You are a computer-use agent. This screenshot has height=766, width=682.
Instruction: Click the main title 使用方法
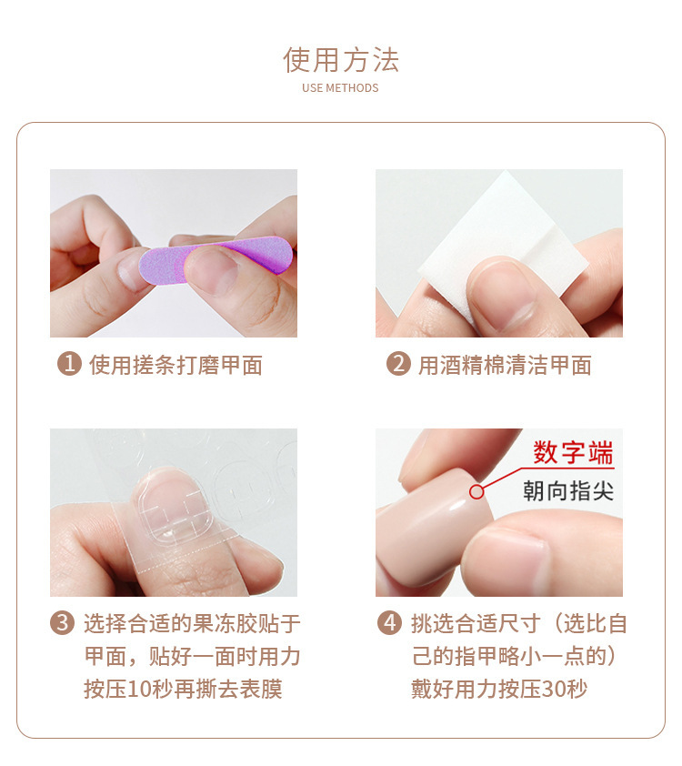pyautogui.click(x=341, y=60)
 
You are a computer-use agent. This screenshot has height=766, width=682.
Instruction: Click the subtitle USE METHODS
pyautogui.click(x=340, y=88)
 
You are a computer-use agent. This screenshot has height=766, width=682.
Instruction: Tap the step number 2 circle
pyautogui.click(x=397, y=365)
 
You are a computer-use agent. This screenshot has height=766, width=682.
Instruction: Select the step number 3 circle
pyautogui.click(x=62, y=623)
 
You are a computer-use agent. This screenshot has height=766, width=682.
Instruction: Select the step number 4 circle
pyautogui.click(x=389, y=623)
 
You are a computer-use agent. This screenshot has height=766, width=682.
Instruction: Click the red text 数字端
pyautogui.click(x=573, y=453)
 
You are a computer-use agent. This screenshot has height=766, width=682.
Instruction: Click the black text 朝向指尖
pyautogui.click(x=568, y=491)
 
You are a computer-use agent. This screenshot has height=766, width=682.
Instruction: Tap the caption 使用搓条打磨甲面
pyautogui.click(x=176, y=366)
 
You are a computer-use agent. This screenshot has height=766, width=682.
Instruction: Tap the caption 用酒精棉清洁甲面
pyautogui.click(x=505, y=366)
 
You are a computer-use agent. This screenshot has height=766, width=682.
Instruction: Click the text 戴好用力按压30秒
pyautogui.click(x=499, y=689)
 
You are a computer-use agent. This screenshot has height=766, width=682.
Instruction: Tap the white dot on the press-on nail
pyautogui.click(x=475, y=492)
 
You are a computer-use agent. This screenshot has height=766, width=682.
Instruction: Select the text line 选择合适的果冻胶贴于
pyautogui.click(x=192, y=623)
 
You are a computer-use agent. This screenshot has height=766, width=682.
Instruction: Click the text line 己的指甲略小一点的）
pyautogui.click(x=515, y=656)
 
